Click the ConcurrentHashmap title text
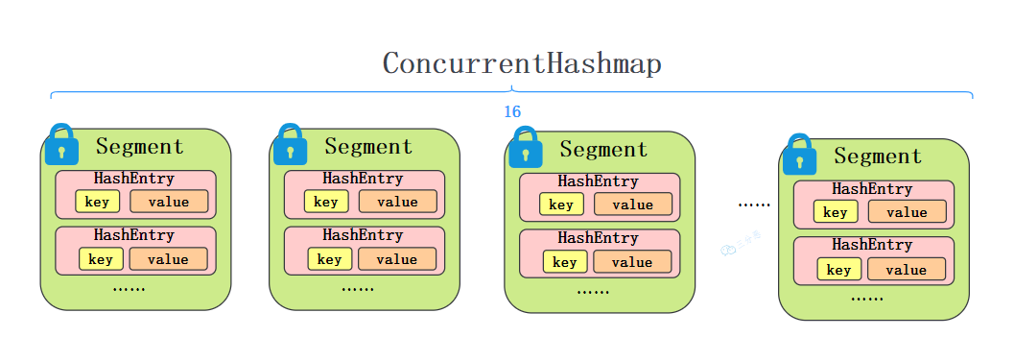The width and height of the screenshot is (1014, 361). tap(522, 64)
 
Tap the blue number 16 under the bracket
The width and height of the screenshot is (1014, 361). tap(512, 112)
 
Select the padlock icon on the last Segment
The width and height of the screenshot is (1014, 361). tap(799, 155)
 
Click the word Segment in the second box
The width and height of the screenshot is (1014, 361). tap(368, 147)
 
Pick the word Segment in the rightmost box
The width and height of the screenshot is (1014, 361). tap(878, 156)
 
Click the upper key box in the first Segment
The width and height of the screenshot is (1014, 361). tap(97, 202)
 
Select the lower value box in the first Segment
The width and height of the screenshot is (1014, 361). tap(168, 259)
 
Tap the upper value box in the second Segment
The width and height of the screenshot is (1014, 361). tap(397, 202)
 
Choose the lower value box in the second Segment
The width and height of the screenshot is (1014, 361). tap(396, 259)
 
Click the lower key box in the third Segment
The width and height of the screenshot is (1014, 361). tap(564, 262)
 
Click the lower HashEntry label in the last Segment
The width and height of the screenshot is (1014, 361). tap(872, 245)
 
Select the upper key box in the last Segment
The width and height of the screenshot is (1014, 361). tap(835, 212)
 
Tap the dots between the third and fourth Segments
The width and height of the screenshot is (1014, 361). tap(754, 205)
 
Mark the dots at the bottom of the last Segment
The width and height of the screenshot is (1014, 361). tap(866, 299)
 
